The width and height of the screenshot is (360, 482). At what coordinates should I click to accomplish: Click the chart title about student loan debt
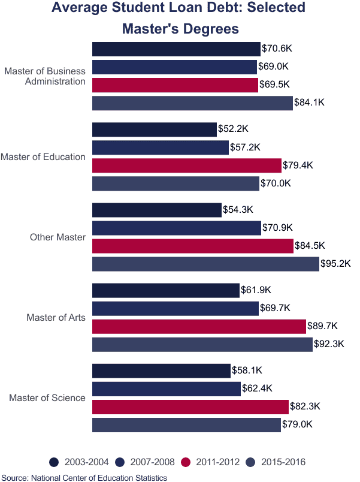(x=178, y=18)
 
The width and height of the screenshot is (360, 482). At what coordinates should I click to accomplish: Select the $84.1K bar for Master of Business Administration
(x=192, y=103)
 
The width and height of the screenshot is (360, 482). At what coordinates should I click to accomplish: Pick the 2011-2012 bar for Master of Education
(x=186, y=165)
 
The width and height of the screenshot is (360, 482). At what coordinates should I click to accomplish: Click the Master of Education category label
(x=43, y=157)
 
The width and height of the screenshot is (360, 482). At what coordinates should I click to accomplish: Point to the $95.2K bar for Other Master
(x=205, y=264)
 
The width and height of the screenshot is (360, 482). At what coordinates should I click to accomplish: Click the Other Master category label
(x=58, y=237)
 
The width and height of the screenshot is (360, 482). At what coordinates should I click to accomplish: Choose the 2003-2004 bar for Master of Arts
(x=165, y=291)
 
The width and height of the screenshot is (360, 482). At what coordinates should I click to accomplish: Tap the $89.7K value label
(x=322, y=326)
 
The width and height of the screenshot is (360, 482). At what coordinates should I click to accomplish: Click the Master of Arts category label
(x=56, y=318)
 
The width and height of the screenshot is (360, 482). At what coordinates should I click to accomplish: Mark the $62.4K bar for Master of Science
(x=167, y=389)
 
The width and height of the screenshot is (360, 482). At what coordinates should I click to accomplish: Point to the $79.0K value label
(x=297, y=425)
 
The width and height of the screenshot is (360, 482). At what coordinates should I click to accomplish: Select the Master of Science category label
(x=47, y=398)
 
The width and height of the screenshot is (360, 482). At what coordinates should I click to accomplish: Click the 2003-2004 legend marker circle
(x=54, y=462)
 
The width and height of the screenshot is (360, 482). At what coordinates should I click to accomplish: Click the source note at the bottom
(x=84, y=477)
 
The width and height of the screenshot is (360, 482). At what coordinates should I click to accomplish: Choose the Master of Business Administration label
(x=45, y=77)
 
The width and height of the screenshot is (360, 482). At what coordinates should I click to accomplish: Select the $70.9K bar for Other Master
(x=177, y=228)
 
